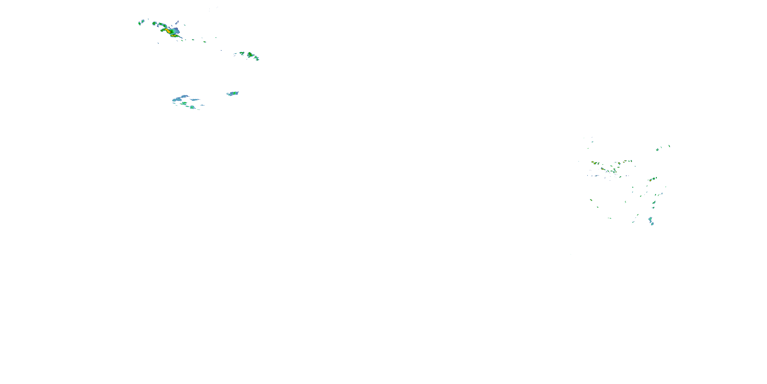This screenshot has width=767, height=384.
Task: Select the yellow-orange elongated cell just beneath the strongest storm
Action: [174, 36]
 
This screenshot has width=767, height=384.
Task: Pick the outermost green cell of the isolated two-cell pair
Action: [139, 23]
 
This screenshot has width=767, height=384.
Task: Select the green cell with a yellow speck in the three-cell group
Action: [250, 55]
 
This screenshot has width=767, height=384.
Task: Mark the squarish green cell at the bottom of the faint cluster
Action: [192, 107]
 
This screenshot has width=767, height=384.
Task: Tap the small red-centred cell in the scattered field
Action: [603, 169]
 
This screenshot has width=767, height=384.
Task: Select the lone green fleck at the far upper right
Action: [669, 146]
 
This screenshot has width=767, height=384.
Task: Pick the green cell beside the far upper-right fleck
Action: [657, 150]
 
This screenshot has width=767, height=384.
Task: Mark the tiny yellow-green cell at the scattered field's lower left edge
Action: [591, 200]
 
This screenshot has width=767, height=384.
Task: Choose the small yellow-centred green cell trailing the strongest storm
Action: [205, 42]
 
